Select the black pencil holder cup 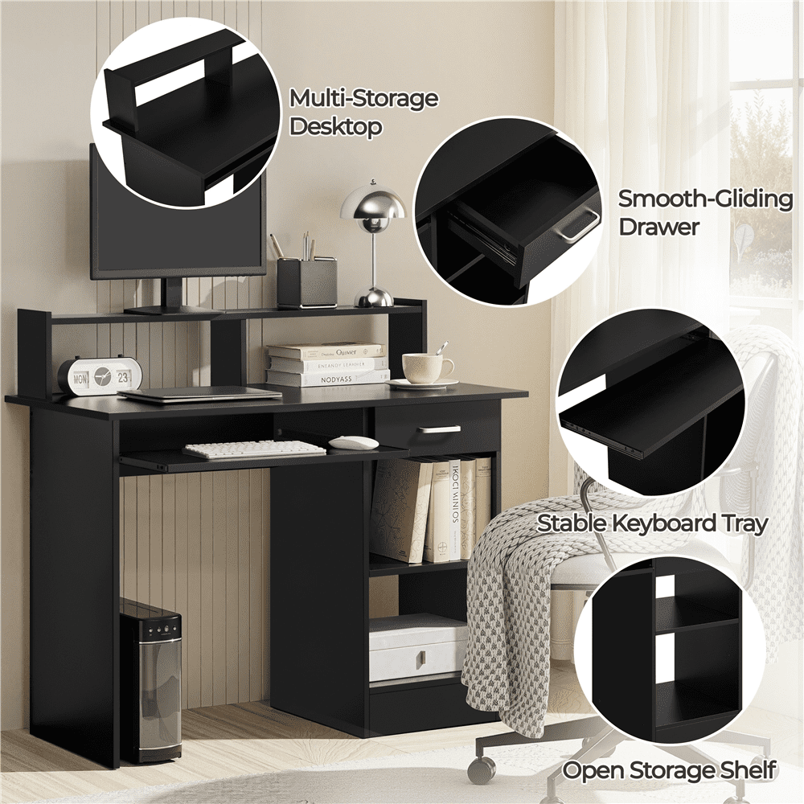[307, 283]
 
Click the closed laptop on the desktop [200, 393]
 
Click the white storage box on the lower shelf [417, 650]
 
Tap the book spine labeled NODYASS [328, 379]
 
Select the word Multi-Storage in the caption [364, 98]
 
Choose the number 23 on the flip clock [123, 379]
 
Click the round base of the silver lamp [374, 298]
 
